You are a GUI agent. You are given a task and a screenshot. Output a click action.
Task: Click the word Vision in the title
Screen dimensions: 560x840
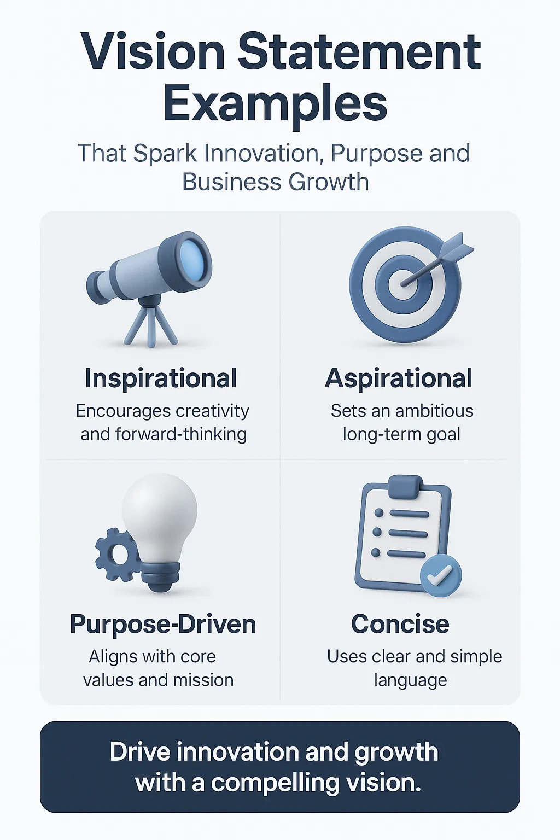152,51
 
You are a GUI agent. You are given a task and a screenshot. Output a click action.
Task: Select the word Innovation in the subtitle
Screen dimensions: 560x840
263,153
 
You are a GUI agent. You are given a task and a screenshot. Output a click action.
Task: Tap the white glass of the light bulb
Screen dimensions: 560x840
160,517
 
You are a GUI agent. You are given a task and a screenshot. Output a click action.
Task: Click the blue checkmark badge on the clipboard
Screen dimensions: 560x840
441,575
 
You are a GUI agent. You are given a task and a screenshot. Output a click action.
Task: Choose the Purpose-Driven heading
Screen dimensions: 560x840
163,624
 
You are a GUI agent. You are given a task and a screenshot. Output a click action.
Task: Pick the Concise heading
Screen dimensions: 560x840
400,624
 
